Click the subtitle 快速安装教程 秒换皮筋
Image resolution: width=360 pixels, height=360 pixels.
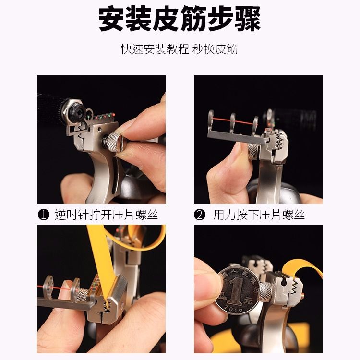tap(180, 49)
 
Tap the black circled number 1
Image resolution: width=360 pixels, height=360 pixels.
tap(43, 215)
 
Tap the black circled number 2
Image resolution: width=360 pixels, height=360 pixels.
tap(200, 215)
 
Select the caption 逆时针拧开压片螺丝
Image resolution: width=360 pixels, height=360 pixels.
tap(106, 215)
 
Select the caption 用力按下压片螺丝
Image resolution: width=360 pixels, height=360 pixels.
tap(259, 215)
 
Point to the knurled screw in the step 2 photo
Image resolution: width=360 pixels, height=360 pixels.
tap(253, 151)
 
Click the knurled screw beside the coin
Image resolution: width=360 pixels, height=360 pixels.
tap(265, 292)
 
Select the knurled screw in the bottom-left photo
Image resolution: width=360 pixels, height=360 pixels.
tap(82, 295)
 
